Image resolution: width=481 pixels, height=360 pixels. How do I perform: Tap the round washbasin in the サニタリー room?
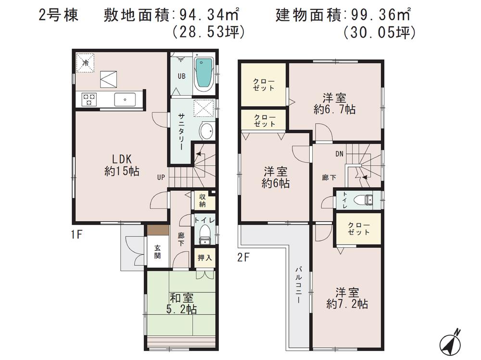pos(205,130)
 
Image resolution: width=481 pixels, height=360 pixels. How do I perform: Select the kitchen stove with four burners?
pos(89,99)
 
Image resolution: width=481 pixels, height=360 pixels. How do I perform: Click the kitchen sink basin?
pos(125,100)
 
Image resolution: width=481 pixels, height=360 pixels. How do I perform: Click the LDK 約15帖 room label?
pos(122,165)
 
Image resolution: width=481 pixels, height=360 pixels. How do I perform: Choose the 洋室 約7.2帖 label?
pos(347,298)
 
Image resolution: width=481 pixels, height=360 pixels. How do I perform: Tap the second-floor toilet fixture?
pos(366,200)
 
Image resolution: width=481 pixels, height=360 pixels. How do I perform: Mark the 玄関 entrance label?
pos(157,252)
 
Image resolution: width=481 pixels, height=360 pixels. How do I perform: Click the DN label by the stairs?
pos(339,154)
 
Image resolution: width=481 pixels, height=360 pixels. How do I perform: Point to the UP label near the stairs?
pos(161,177)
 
